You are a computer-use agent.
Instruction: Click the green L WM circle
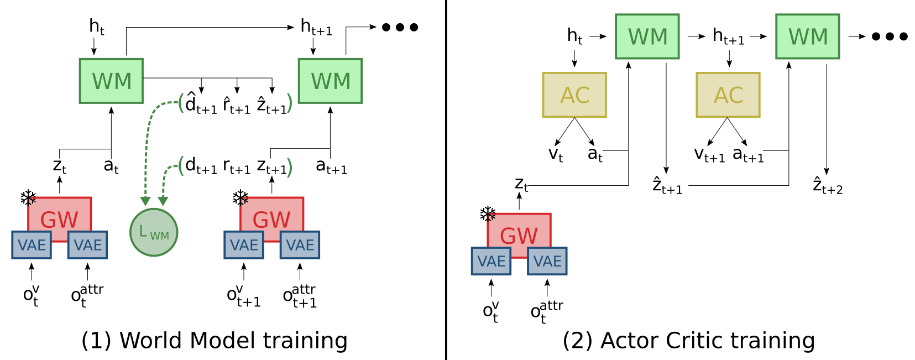(154, 232)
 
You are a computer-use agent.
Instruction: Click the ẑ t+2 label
(828, 186)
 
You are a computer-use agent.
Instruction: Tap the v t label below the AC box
(556, 154)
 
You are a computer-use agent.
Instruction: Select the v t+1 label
(709, 154)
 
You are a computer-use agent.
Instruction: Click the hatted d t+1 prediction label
(200, 103)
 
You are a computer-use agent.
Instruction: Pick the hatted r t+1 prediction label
(237, 105)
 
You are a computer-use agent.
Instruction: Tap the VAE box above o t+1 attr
(300, 245)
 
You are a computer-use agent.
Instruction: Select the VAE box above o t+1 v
(244, 245)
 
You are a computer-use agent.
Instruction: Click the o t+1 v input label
(243, 296)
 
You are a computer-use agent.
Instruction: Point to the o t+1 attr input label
(300, 296)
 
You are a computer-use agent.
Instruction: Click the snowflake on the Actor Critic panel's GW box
(488, 214)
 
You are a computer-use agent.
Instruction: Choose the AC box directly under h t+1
(728, 95)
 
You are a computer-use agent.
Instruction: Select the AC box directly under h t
(574, 95)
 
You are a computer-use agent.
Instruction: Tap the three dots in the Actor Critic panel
(890, 36)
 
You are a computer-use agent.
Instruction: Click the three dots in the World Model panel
(400, 27)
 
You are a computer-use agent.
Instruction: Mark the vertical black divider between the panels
(446, 180)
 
